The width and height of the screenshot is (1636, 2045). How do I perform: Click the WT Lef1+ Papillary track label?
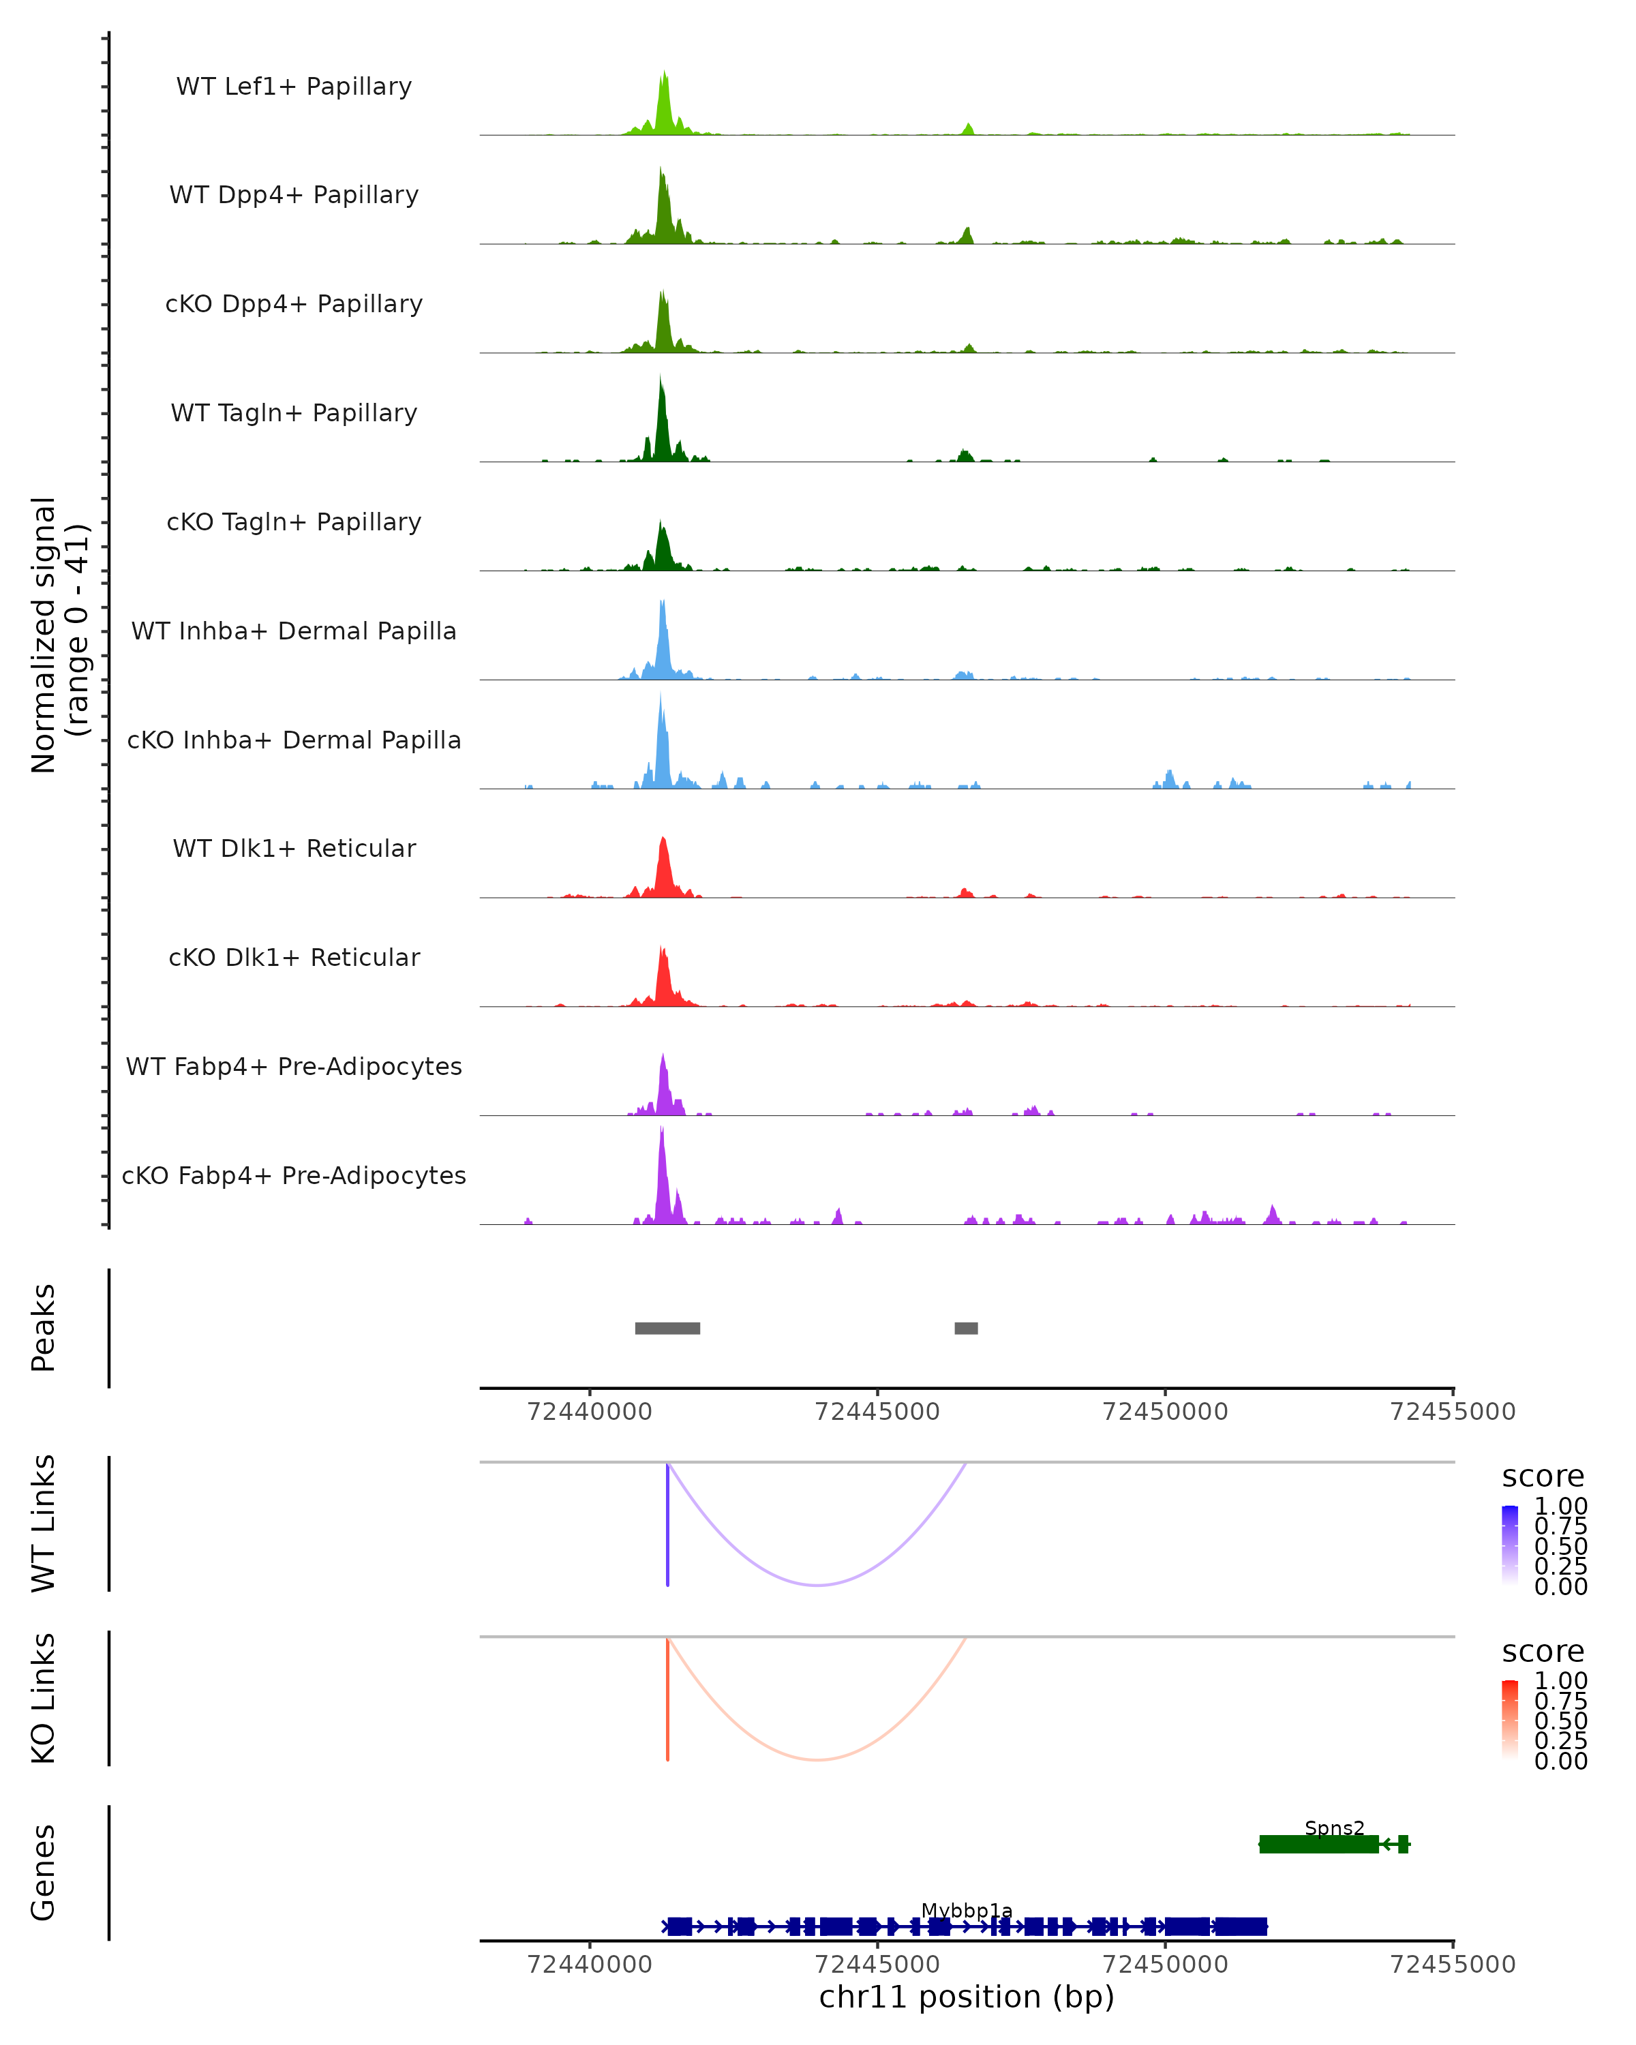coord(294,87)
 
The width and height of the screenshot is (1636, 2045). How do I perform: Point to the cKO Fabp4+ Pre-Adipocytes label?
coord(294,1175)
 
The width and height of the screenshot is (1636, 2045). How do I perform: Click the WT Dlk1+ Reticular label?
coord(294,848)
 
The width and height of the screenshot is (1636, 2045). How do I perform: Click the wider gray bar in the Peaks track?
coord(667,1328)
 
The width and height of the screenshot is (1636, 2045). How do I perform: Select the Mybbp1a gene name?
coord(967,1910)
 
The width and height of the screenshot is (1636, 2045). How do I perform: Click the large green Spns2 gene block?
coord(1318,1844)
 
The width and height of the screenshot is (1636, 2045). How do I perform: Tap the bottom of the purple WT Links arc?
coord(817,1585)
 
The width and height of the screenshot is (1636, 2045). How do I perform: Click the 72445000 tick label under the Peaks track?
coord(877,1412)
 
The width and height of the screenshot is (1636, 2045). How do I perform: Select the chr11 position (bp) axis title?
coord(967,1997)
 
